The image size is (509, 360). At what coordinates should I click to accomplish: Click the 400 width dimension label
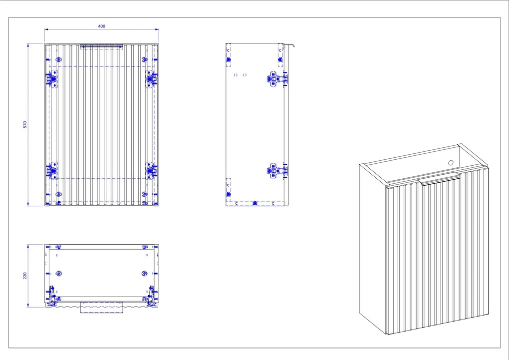point(102,26)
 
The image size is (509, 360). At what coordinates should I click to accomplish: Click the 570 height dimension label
point(25,124)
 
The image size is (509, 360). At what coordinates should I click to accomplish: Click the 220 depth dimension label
point(25,276)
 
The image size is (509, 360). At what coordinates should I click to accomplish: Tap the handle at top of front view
point(102,46)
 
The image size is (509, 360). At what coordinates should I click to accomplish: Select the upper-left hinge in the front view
point(51,79)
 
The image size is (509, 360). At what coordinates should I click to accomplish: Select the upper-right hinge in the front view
point(151,79)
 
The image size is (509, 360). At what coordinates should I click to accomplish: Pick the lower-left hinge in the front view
point(51,170)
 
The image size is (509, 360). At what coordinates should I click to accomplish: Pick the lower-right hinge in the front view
point(151,170)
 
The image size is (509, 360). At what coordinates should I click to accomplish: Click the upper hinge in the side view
point(277,79)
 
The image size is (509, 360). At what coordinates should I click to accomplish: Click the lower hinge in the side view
point(277,171)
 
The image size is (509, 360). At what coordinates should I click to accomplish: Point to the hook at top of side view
point(290,45)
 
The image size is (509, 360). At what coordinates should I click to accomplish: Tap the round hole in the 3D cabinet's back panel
point(451,163)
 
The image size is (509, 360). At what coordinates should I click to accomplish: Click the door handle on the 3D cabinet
point(439,179)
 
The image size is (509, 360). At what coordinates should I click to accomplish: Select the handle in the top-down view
point(102,308)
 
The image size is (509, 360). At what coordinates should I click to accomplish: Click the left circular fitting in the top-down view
point(59,274)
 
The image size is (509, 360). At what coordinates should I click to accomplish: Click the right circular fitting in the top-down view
point(144,274)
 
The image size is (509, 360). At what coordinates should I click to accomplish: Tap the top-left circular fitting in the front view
point(59,59)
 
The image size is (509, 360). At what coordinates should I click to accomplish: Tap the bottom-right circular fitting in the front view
point(144,194)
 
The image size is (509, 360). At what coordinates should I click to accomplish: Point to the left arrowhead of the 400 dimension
point(46,29)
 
